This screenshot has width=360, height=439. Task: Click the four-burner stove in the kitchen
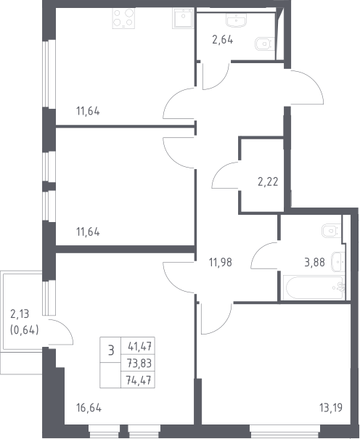click(x=123, y=18)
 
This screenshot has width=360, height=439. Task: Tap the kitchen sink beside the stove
click(x=183, y=18)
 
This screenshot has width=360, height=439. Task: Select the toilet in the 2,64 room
click(x=263, y=44)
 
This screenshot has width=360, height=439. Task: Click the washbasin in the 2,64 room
click(x=237, y=20)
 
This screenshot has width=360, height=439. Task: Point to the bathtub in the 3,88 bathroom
click(x=314, y=288)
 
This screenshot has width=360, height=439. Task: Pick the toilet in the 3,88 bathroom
click(x=332, y=231)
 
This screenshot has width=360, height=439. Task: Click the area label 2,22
click(x=268, y=182)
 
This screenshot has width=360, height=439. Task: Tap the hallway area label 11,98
click(x=221, y=263)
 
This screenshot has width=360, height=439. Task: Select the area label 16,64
click(x=89, y=408)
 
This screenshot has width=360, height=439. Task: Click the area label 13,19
click(x=331, y=408)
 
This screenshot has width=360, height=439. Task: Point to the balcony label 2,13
click(x=20, y=314)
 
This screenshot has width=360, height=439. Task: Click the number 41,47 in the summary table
click(x=139, y=346)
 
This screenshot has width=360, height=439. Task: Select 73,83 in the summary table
click(x=139, y=364)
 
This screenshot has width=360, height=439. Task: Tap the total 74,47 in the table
click(x=139, y=380)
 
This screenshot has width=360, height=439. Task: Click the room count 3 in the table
click(x=111, y=350)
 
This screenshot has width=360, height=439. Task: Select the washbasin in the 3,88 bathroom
click(x=338, y=262)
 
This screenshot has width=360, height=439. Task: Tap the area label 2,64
click(x=223, y=40)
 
